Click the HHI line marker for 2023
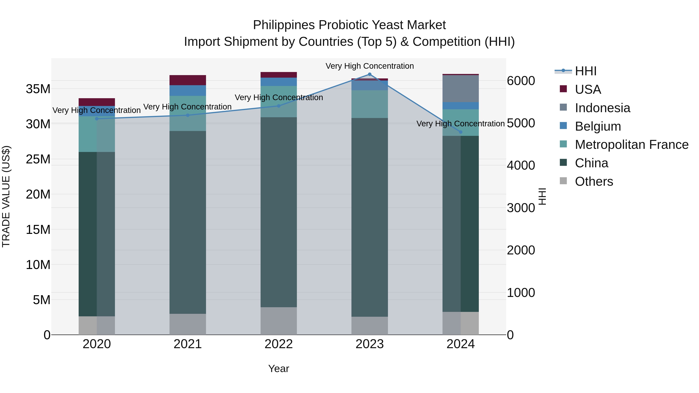point(369,74)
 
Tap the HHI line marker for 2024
point(461,132)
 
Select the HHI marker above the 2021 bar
point(188,115)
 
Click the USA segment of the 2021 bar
point(188,80)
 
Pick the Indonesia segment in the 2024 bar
point(461,89)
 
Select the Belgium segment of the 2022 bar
point(279,82)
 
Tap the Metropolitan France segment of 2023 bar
point(369,104)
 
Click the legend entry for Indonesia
point(602,108)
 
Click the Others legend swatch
point(563,181)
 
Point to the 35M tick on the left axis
point(38,89)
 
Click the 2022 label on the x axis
point(279,344)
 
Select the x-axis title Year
point(279,369)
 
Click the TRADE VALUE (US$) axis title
point(6,196)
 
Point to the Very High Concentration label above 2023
point(369,66)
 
